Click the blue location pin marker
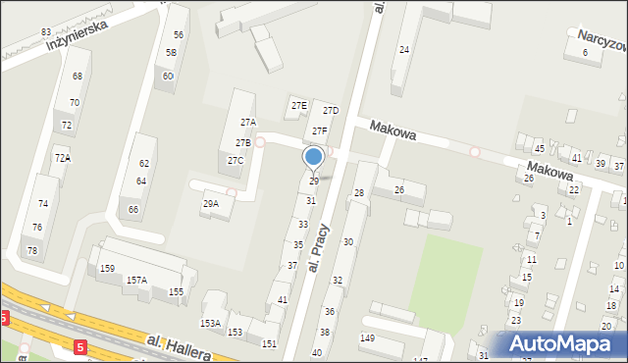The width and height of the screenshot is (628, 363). click(x=314, y=158)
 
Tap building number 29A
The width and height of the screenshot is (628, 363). click(x=211, y=204)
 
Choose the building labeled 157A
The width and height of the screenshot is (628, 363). click(x=136, y=280)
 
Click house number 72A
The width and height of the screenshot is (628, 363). click(x=62, y=158)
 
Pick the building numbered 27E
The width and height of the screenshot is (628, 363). click(x=298, y=105)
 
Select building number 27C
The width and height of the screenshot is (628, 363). click(x=235, y=160)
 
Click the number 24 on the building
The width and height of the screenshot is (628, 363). click(x=403, y=49)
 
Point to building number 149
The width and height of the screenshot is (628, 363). click(x=367, y=338)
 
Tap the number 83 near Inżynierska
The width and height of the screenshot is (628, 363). click(x=46, y=32)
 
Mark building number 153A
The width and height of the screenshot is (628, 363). click(x=210, y=323)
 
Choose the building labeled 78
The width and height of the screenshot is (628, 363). click(x=32, y=251)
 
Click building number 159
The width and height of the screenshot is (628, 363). click(x=107, y=268)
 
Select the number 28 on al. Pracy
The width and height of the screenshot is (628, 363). click(x=359, y=193)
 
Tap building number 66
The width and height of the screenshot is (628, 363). click(x=132, y=209)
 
